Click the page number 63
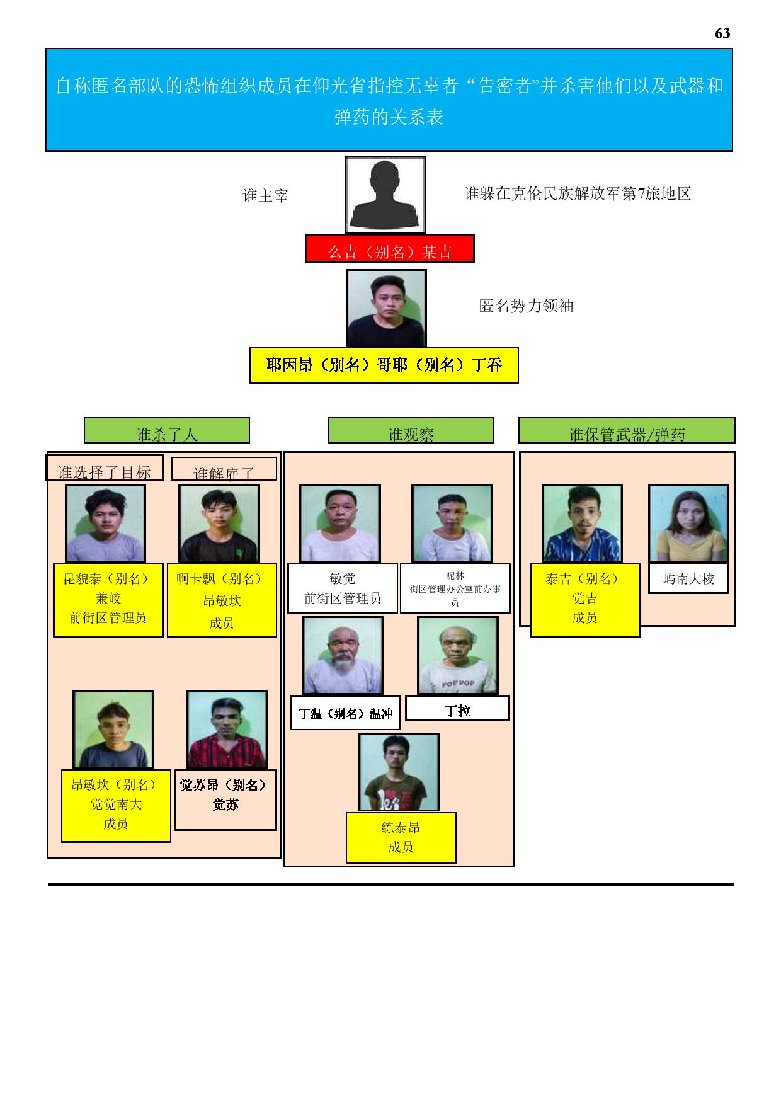pos(722,33)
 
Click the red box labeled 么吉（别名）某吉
pos(389,248)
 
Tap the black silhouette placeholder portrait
pos(385,195)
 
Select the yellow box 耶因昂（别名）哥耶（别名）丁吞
pos(384,365)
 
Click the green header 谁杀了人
pos(167,430)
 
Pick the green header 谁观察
pos(411,430)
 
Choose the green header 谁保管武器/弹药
pos(627,430)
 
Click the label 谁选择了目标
pos(105,468)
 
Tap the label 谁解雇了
pos(224,469)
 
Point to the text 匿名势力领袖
pos(526,306)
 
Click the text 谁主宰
pos(265,196)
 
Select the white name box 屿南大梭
pos(688,578)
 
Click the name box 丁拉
pos(457,708)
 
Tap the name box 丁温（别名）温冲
pos(345,713)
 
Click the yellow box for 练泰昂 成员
pos(401,838)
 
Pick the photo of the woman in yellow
pos(688,524)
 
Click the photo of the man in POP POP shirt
pos(458,656)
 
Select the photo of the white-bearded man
pos(343,656)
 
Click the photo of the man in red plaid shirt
pos(227,730)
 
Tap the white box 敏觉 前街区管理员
pos(343,588)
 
